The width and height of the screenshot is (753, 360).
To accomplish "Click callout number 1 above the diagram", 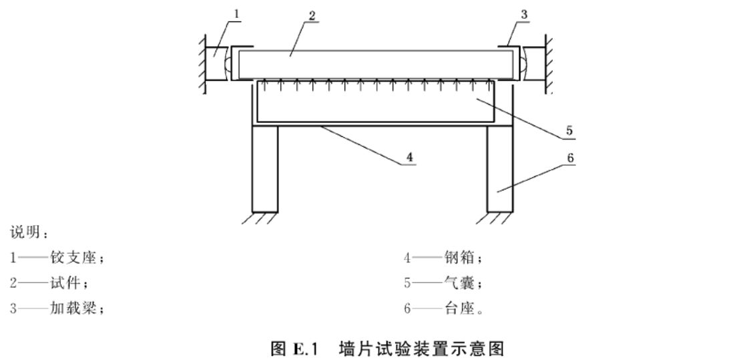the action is [236, 13].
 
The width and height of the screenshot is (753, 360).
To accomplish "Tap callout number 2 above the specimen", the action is [312, 15].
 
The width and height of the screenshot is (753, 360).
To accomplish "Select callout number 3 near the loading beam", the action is [524, 15].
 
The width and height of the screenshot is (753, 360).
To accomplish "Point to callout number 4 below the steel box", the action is [409, 157].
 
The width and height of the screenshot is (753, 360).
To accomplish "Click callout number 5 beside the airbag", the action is [569, 131].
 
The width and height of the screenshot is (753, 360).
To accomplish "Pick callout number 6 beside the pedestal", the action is [570, 158].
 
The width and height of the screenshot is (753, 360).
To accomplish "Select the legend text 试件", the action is [65, 283].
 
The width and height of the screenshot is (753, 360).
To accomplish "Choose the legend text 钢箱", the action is [459, 258].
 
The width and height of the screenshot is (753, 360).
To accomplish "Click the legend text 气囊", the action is [459, 283].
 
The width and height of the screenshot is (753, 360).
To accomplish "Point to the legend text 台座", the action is [459, 308].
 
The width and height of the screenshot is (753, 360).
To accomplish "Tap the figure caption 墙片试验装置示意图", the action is [422, 348].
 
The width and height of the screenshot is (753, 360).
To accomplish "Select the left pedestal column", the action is [265, 169].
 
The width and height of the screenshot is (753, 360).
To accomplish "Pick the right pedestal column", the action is [500, 169].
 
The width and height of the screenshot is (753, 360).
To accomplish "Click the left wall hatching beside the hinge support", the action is [203, 64].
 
